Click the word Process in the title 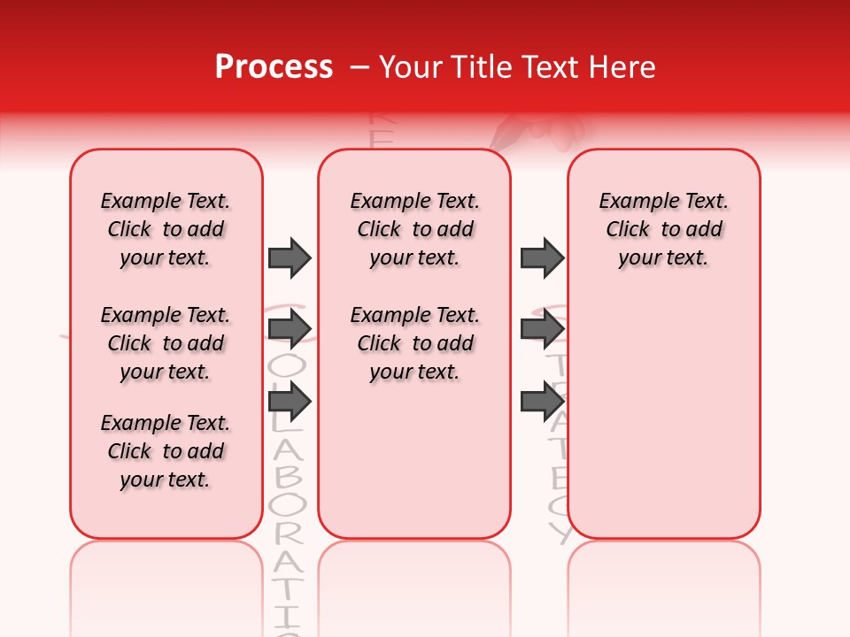pos(274,67)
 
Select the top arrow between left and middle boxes pos(290,257)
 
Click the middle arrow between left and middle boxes pos(290,329)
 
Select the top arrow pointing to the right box pos(542,257)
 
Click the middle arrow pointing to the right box pos(542,329)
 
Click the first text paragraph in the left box pos(166,229)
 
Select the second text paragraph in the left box pos(166,343)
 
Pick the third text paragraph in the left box pos(166,451)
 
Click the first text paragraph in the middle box pos(414,229)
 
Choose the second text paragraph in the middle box pos(414,343)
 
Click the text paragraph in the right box pos(664,229)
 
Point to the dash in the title pos(359,68)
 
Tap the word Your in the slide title pos(410,67)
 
